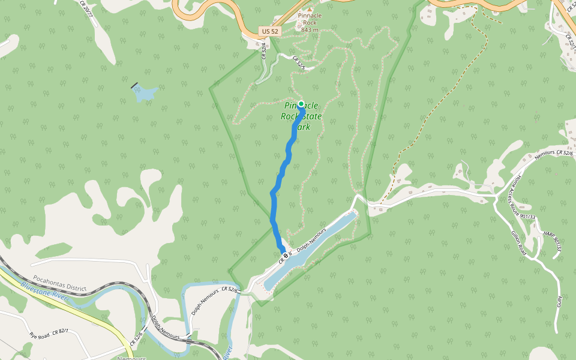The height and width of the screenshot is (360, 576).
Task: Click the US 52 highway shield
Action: (270, 31)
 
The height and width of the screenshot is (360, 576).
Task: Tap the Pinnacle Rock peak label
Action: (309, 23)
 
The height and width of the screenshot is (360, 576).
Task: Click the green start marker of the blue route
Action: (301, 104)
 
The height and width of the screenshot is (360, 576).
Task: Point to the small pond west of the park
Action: (145, 94)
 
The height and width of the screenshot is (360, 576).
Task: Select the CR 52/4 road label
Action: (263, 50)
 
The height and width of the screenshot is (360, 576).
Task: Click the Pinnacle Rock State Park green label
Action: (301, 116)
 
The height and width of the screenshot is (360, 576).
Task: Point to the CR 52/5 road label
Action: (298, 63)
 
